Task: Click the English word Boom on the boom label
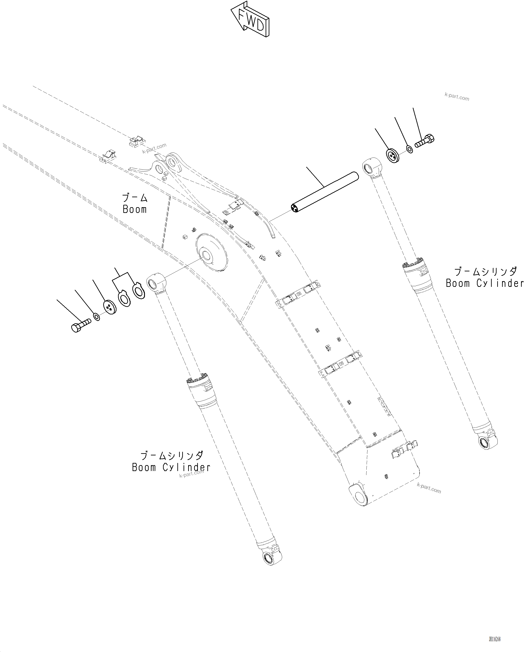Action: click(135, 209)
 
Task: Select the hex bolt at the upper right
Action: click(425, 141)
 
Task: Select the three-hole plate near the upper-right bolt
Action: click(394, 156)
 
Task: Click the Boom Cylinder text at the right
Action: click(485, 283)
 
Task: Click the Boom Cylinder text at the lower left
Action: click(171, 467)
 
